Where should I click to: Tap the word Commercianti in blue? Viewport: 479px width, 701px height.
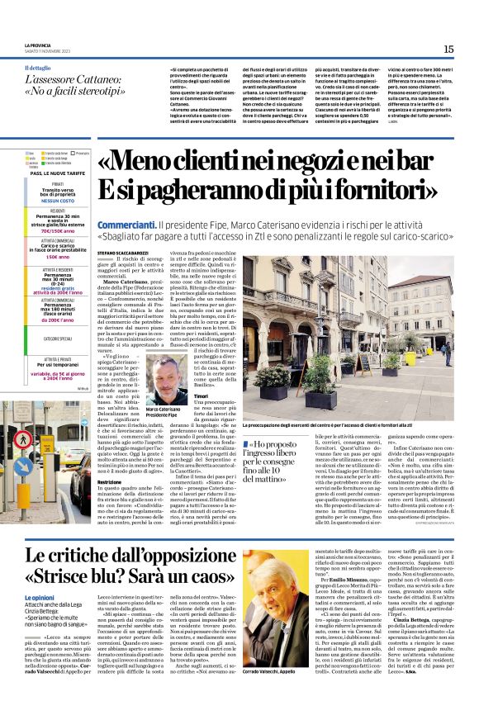[125, 201]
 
